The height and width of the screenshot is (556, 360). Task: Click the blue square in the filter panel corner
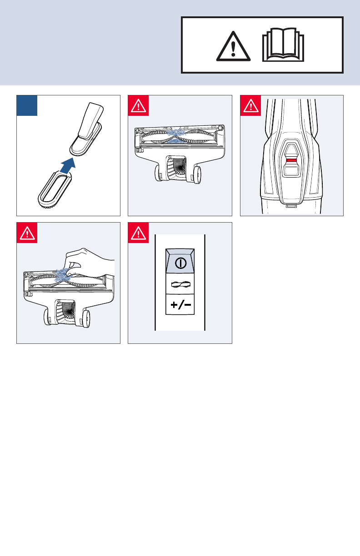coord(27,105)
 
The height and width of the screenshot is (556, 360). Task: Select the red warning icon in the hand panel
coord(27,233)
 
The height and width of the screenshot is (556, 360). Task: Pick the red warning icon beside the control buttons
coord(138,233)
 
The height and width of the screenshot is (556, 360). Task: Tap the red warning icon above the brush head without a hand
coord(138,105)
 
